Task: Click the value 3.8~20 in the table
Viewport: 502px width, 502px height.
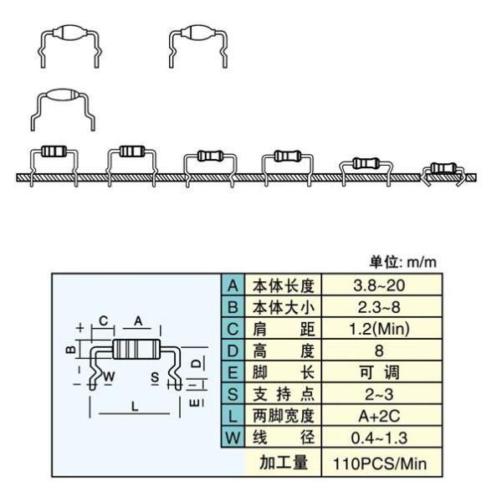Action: (379, 285)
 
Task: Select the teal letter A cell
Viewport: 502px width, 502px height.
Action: (233, 285)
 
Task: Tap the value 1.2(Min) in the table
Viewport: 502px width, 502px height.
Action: (379, 329)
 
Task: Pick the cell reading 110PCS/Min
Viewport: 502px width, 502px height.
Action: (380, 464)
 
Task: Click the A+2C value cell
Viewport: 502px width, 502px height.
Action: (379, 416)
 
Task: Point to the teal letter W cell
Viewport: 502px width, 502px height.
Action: (233, 438)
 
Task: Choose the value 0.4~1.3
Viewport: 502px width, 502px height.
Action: (379, 438)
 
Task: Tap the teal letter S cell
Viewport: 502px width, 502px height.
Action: (233, 394)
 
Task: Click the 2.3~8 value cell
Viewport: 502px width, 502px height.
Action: (379, 307)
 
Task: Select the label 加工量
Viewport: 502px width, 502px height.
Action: (284, 463)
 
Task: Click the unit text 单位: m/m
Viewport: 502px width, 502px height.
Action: (403, 262)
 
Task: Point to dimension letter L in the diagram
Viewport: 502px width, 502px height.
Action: (135, 407)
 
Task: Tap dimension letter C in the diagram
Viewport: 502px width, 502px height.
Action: (104, 320)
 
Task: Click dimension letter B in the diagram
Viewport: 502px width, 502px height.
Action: (71, 349)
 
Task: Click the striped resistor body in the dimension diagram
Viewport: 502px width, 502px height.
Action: (136, 349)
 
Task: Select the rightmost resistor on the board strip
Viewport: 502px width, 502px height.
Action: (443, 168)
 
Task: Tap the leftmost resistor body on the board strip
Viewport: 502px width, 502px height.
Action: (54, 151)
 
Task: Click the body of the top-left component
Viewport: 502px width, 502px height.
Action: (69, 33)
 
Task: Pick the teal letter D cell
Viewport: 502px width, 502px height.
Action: (233, 351)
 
